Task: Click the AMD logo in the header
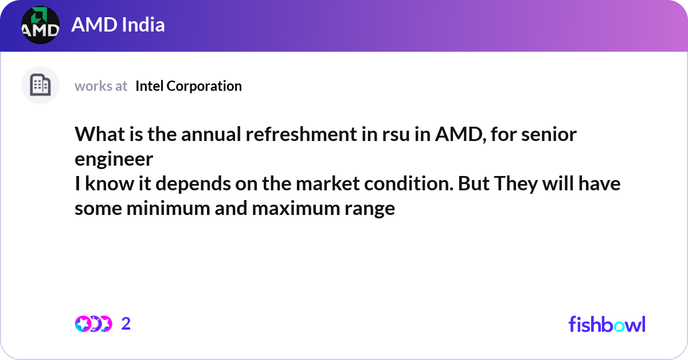40,25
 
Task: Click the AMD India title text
118,25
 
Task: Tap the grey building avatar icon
40,85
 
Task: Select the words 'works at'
101,86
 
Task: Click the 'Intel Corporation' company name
189,86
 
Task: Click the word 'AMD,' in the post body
455,135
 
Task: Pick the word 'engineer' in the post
114,159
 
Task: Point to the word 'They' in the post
514,185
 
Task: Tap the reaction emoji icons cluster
93,324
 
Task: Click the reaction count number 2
126,324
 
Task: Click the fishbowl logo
607,324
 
